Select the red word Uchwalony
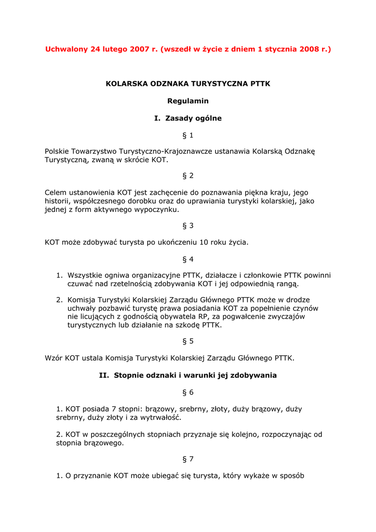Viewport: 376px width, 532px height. pyautogui.click(x=66, y=49)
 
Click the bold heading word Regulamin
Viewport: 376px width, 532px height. pyautogui.click(x=187, y=101)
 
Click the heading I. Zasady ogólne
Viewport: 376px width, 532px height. pyautogui.click(x=187, y=118)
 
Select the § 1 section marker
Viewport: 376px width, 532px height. pyautogui.click(x=187, y=136)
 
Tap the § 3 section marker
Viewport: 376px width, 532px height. pyautogui.click(x=187, y=226)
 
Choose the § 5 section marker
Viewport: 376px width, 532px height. pyautogui.click(x=187, y=341)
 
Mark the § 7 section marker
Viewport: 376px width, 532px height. pyautogui.click(x=187, y=459)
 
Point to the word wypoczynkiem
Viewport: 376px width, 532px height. pyautogui.click(x=153, y=210)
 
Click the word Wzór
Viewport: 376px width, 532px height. pyautogui.click(x=54, y=358)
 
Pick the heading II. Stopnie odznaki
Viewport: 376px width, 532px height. pyautogui.click(x=187, y=375)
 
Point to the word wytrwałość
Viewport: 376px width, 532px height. pyautogui.click(x=160, y=417)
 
